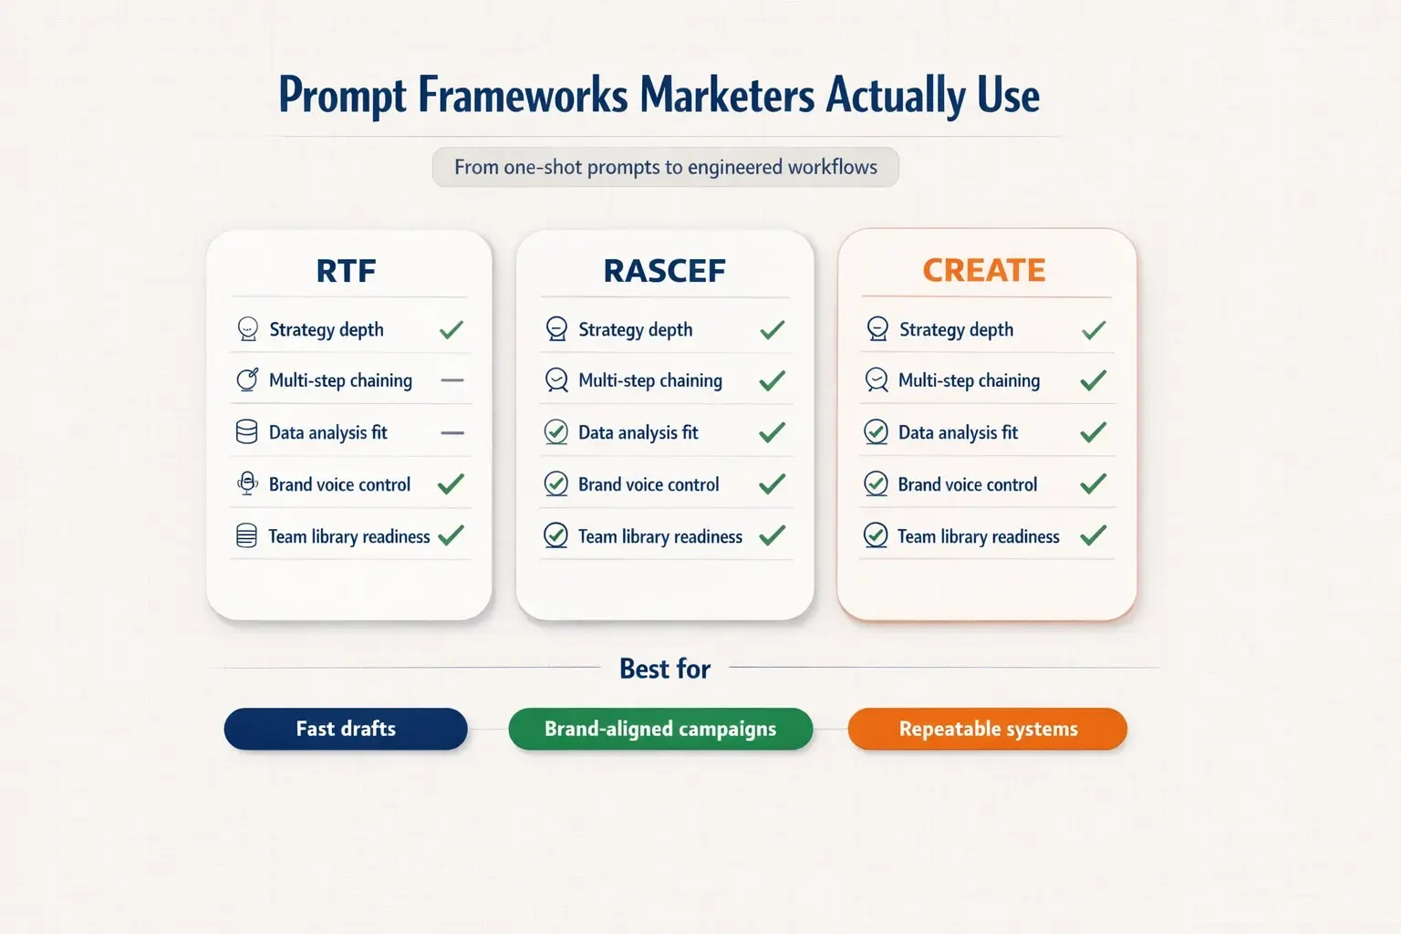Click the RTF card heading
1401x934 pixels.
[x=346, y=271]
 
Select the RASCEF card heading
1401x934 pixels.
[x=664, y=271]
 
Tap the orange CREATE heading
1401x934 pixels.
[x=983, y=271]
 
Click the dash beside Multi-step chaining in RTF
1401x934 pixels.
[x=452, y=380]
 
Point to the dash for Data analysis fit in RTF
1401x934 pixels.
[x=452, y=432]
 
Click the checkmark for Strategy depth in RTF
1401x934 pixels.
[x=451, y=329]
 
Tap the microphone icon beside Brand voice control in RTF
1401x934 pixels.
[x=246, y=484]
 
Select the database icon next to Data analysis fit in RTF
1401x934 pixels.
[x=246, y=432]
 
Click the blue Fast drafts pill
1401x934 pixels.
[x=346, y=729]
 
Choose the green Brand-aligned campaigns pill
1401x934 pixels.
[x=660, y=729]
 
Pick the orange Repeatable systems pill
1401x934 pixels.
[x=988, y=729]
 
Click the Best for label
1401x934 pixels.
[x=665, y=669]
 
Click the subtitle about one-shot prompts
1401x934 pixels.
[x=666, y=167]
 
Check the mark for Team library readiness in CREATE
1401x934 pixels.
[x=1093, y=535]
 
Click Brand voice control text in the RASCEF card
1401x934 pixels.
[x=649, y=484]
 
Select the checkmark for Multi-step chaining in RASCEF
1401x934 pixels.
[x=772, y=380]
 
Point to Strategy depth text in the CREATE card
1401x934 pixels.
[x=956, y=329]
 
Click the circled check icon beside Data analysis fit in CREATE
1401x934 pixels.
[x=876, y=432]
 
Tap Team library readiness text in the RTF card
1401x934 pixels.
[x=348, y=536]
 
